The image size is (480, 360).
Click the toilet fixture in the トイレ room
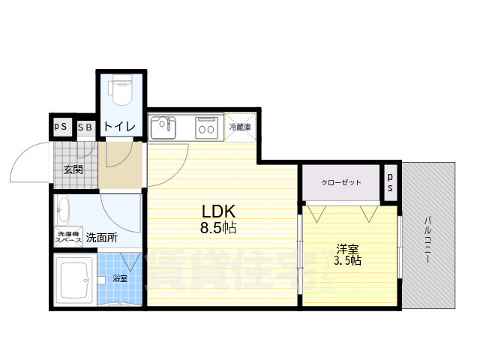pos(121,91)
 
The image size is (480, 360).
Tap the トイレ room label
pos(120,127)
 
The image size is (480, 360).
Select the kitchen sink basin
pos(163,128)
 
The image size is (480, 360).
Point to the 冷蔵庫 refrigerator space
pos(240,127)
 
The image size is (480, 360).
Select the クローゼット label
pos(340,183)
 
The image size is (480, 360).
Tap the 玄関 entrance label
pos(73,169)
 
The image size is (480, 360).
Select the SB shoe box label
pos(85,127)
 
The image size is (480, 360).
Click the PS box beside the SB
pos(61,126)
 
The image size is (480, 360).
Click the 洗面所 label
pos(101,238)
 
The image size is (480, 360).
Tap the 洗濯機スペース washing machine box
pos(67,238)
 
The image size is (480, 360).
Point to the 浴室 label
pos(120,278)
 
